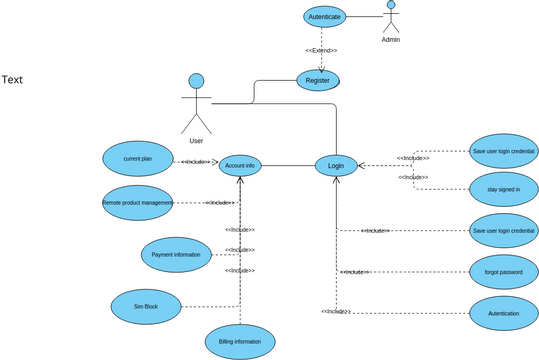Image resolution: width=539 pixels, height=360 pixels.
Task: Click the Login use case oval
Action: click(336, 165)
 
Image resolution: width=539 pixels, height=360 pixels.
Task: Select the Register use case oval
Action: click(318, 80)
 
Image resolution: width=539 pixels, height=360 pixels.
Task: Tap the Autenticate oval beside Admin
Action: click(324, 16)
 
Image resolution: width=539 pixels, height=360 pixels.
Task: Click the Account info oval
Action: click(240, 165)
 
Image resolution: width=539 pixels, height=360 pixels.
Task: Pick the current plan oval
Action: click(138, 159)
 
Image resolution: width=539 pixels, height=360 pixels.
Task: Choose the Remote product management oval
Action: click(138, 202)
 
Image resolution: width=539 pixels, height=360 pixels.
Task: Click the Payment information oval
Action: click(176, 254)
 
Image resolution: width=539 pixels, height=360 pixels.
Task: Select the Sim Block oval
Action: click(146, 306)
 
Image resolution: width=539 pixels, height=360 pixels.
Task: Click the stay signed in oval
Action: click(504, 189)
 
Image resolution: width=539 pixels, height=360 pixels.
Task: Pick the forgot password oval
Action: click(504, 271)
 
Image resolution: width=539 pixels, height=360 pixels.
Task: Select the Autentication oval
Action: click(504, 313)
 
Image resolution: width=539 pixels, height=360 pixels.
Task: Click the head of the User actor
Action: click(196, 81)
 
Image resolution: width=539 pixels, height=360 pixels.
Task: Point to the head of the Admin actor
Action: click(391, 4)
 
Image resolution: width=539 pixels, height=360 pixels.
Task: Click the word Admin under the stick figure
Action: click(391, 40)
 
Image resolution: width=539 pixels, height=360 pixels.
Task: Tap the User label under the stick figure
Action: click(196, 141)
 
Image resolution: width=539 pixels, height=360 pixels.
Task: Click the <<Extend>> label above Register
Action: click(321, 50)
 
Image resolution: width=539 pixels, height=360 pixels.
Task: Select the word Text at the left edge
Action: click(12, 80)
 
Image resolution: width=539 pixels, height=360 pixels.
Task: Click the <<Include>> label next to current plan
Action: click(193, 161)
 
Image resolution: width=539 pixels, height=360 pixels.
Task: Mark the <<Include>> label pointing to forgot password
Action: click(355, 272)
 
